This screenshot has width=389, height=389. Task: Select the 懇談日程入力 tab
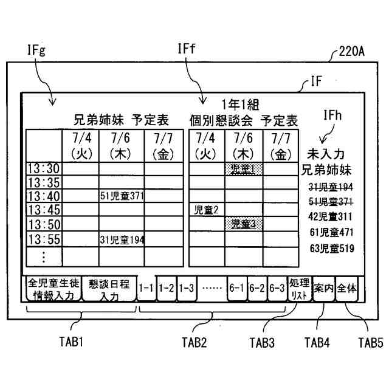(109, 289)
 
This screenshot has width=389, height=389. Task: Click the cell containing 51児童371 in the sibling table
(122, 196)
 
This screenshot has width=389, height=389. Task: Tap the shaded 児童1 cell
(243, 167)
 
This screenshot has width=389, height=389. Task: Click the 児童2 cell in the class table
(206, 210)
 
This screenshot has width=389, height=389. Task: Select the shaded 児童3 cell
(243, 224)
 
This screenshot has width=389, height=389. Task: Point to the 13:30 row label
(44, 168)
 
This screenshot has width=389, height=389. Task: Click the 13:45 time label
(44, 210)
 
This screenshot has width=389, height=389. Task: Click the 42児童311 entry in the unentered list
(331, 216)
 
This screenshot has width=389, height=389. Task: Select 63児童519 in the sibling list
(331, 247)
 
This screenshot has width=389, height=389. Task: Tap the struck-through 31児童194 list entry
(331, 186)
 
